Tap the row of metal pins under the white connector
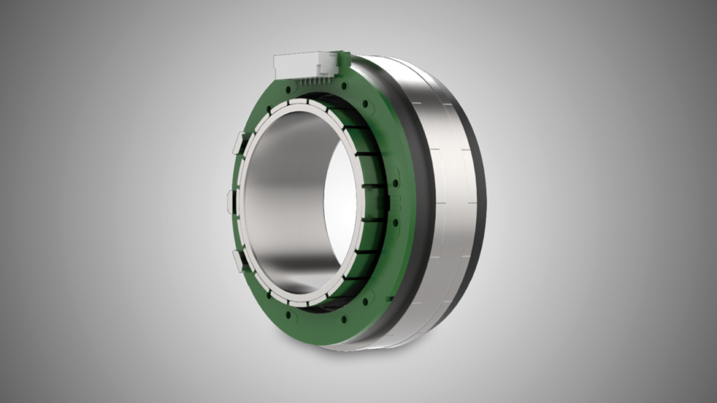coord(308,81)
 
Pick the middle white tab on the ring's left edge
coord(231,201)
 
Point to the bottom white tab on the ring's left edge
coord(238,260)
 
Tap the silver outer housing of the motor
coord(448,210)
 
